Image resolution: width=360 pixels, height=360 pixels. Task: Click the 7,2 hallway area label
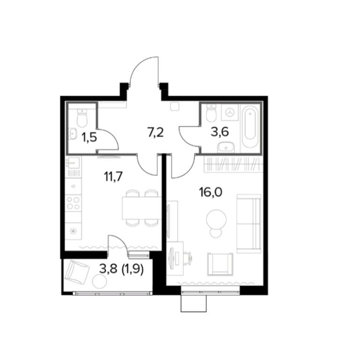pyautogui.click(x=155, y=133)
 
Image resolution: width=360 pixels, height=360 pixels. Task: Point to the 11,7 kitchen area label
pyautogui.click(x=112, y=177)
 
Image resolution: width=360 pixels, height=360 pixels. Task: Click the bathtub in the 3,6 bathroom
pyautogui.click(x=249, y=126)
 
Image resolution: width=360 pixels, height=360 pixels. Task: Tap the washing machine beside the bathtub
pyautogui.click(x=230, y=112)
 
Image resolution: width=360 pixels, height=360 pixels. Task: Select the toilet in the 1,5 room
pyautogui.click(x=82, y=118)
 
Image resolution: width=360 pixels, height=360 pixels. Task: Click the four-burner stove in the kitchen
pyautogui.click(x=73, y=203)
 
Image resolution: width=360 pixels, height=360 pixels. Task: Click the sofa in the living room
pyautogui.click(x=248, y=224)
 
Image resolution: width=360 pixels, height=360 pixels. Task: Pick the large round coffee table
pyautogui.click(x=216, y=218)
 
